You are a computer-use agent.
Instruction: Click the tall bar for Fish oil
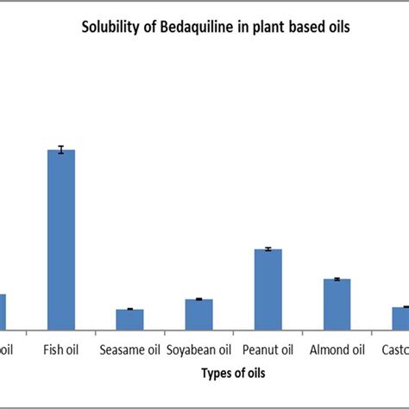[x=61, y=239]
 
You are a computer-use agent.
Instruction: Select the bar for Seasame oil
[x=129, y=319]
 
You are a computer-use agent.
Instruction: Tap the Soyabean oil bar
[x=198, y=314]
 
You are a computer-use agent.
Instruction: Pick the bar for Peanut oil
[x=267, y=289]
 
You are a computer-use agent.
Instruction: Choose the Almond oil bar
[x=337, y=304]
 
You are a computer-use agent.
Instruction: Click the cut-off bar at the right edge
[x=400, y=318]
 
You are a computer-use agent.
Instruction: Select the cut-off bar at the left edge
[x=3, y=311]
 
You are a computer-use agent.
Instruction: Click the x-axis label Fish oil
[x=61, y=350]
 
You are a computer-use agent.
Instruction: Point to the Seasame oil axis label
[x=129, y=350]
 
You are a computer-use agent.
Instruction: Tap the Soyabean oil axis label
[x=198, y=350]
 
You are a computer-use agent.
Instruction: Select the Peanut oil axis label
[x=267, y=350]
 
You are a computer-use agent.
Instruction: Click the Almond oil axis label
[x=337, y=350]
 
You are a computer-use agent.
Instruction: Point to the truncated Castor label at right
[x=394, y=350]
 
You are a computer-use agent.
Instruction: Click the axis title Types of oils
[x=233, y=374]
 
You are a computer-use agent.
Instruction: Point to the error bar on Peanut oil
[x=267, y=249]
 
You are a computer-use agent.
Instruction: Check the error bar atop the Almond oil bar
[x=337, y=279]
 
